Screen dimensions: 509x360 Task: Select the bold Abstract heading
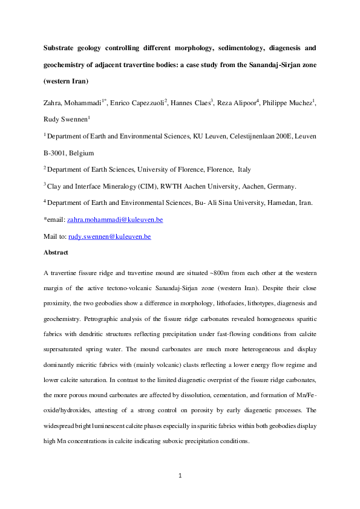point(56,253)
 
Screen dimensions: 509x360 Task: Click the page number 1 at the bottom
point(180,476)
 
